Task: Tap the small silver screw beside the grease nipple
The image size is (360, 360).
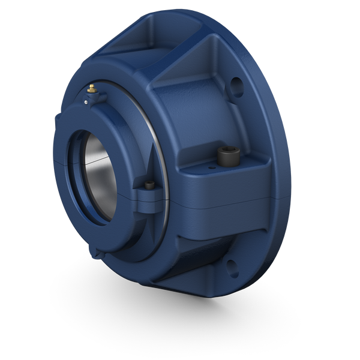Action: tap(86, 103)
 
